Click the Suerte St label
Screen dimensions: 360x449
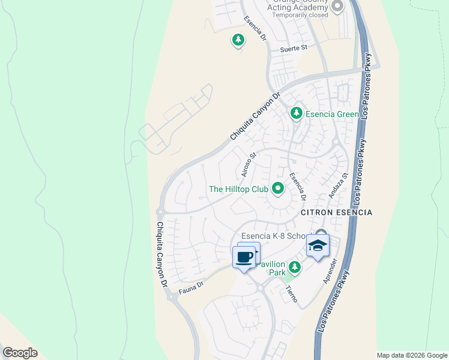294,49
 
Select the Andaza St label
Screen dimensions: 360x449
338,186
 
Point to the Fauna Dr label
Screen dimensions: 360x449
191,288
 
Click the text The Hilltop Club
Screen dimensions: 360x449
238,189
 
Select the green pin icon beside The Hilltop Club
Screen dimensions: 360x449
278,188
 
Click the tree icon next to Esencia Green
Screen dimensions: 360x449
296,113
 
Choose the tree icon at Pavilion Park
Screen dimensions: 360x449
294,266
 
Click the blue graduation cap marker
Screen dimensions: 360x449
318,245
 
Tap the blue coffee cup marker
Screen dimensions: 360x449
244,257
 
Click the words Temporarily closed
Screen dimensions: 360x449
300,15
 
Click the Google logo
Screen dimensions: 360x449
20,353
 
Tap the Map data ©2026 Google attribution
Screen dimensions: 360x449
412,355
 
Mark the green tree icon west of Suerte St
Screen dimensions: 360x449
238,40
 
